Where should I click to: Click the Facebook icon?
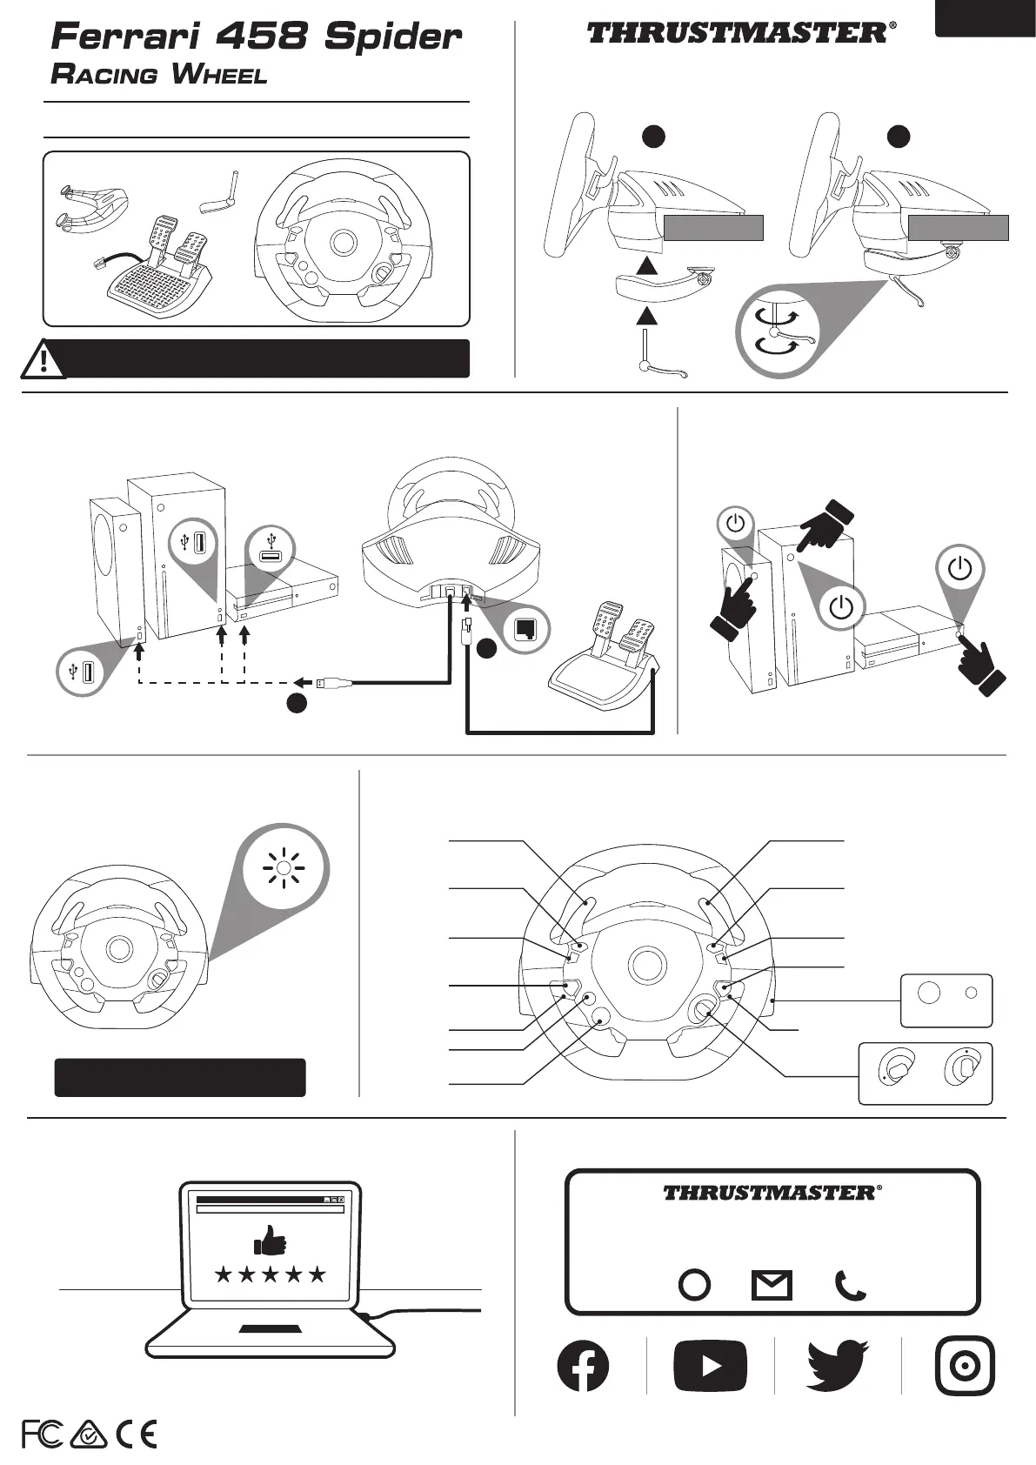point(583,1365)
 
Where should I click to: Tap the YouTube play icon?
point(710,1366)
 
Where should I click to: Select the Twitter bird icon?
point(838,1365)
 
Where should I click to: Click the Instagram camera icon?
point(965,1365)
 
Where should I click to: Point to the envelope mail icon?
point(772,1285)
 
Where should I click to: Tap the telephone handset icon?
point(850,1285)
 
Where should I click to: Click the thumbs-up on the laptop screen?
point(270,1240)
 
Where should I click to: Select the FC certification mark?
point(42,1434)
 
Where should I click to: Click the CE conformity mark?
point(136,1434)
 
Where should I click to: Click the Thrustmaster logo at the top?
point(740,33)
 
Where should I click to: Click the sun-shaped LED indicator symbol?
point(286,868)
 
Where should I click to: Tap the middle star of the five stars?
point(270,1274)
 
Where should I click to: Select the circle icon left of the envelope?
point(694,1285)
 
